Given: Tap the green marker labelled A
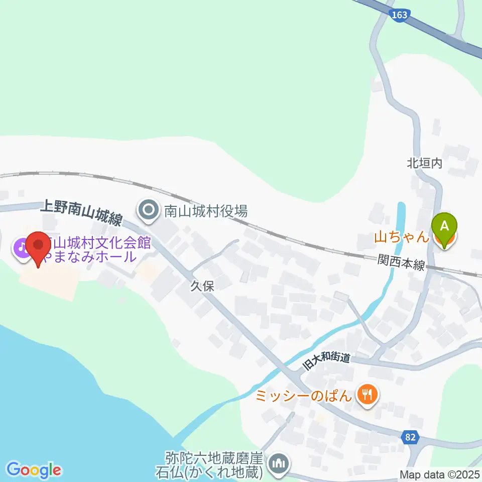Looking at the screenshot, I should point(444,227).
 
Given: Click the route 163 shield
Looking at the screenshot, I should point(399,15).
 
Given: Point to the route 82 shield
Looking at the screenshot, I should point(410,437).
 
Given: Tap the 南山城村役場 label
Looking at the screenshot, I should point(206,211).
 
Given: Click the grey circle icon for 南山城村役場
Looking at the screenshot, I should point(149,211).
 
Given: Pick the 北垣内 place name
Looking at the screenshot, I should point(424,163).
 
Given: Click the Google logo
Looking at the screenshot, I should point(34,470).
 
